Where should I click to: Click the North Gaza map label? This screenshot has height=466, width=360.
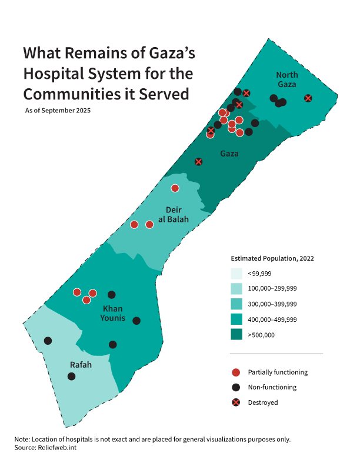287,79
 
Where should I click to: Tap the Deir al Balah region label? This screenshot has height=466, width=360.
177,215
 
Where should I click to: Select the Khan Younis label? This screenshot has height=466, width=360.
114,314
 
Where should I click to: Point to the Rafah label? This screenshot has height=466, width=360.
81,365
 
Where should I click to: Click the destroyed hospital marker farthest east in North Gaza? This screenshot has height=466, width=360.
308,98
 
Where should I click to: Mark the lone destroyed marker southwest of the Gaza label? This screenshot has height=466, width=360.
199,161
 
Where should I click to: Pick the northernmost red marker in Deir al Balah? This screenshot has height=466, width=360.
175,188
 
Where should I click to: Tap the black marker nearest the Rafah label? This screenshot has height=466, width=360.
71,376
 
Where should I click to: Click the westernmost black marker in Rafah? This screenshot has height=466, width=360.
48,341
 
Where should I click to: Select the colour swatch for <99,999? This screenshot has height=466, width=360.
236,274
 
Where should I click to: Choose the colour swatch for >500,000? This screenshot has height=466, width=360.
236,335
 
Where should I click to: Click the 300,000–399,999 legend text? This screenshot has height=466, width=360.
272,304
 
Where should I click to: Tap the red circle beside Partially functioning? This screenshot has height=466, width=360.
236,372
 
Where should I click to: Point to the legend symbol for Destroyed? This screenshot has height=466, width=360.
236,402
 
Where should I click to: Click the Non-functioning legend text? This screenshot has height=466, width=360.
272,387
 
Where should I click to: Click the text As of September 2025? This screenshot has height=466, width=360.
58,110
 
